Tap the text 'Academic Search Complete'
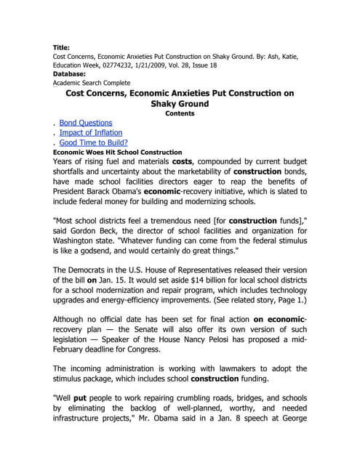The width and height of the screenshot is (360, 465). pos(95,83)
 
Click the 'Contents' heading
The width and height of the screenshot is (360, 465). pos(180,113)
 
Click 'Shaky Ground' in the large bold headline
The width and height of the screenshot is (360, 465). pos(180,103)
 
